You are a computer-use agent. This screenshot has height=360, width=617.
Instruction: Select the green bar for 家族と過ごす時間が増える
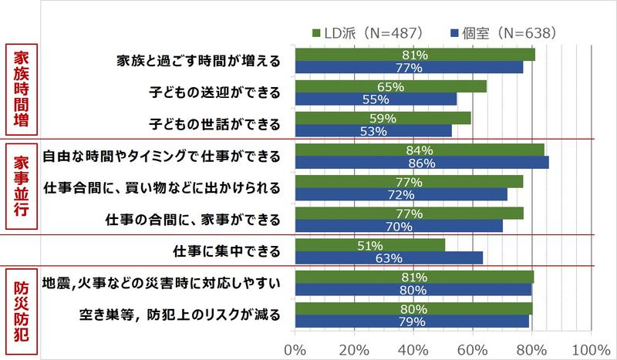coord(415,55)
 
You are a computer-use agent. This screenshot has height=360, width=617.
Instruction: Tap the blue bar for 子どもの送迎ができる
coord(376,99)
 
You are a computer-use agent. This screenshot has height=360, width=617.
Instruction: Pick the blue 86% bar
coord(422,163)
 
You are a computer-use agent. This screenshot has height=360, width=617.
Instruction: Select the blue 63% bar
coord(388,257)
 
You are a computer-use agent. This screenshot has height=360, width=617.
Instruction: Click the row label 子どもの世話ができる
coord(214,123)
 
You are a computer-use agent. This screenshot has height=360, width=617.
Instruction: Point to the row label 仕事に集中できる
coord(228,251)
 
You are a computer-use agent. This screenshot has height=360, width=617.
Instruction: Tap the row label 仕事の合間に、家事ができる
coord(193,219)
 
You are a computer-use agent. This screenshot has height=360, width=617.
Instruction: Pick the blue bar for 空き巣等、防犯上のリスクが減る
coord(412,321)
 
